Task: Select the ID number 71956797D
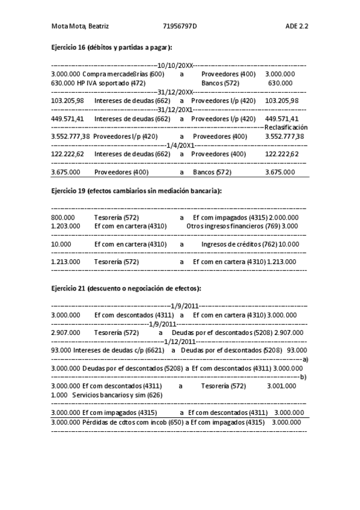tap(180, 26)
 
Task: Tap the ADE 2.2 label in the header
tap(297, 26)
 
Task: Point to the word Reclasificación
tap(286, 127)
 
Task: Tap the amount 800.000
tap(63, 217)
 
